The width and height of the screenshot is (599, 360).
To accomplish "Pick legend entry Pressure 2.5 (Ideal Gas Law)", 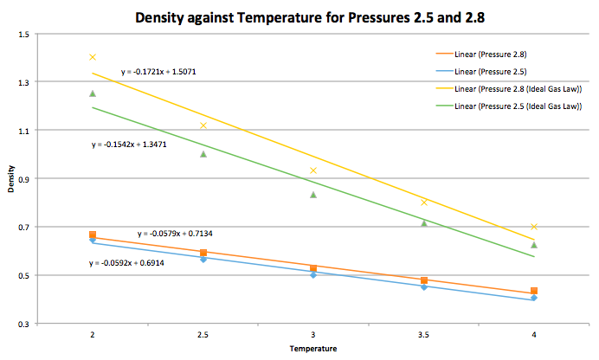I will [x=519, y=107].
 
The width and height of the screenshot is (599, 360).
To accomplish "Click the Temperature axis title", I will [x=313, y=348].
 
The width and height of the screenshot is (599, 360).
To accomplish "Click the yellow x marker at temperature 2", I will [x=93, y=57].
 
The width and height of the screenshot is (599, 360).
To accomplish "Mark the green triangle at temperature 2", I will [x=93, y=93].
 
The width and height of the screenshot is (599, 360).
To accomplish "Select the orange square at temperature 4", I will [x=534, y=291].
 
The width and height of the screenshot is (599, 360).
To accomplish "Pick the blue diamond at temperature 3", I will [x=313, y=274].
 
